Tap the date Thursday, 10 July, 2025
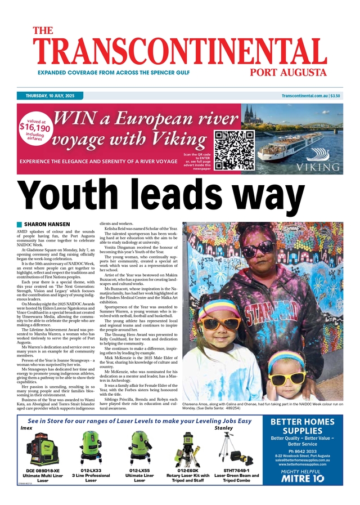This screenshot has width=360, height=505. (x=50, y=96)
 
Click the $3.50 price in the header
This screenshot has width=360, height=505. (x=336, y=96)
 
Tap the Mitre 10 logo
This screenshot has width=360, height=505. (x=303, y=479)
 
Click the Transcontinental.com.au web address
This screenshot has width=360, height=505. (x=305, y=96)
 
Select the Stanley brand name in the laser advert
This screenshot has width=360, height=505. (x=223, y=428)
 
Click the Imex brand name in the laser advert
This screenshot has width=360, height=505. (x=26, y=428)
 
